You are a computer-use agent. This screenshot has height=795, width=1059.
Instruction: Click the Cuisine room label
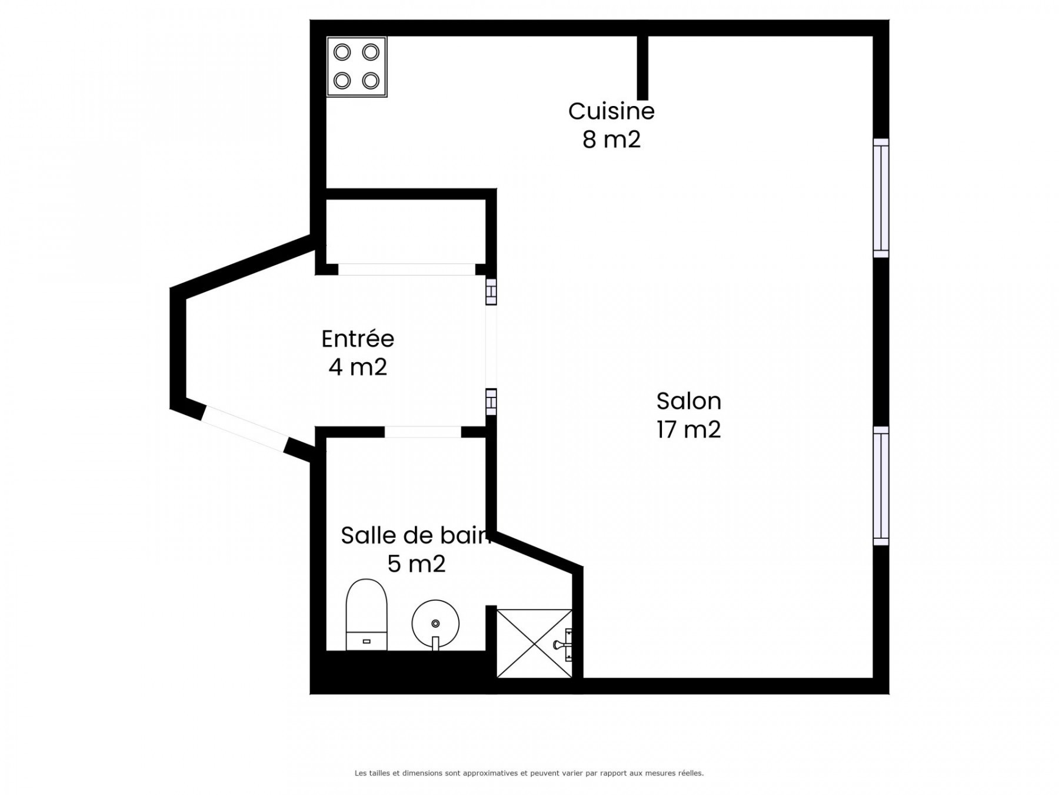pos(611,111)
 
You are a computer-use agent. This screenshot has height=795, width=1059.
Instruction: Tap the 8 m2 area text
pos(611,140)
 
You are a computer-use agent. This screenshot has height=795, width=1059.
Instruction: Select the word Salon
pos(688,401)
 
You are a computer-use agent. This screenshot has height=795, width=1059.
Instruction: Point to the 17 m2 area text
pos(688,429)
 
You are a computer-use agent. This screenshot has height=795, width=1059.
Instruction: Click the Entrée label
pos(358,339)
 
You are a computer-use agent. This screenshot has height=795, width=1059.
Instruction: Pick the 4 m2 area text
pos(358,367)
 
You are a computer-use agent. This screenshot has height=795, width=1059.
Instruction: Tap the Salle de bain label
pos(415,535)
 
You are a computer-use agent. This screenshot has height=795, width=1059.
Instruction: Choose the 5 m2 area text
pos(417,564)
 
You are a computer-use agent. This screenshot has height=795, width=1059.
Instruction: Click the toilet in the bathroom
pos(367,615)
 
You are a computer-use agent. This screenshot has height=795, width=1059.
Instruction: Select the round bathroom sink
pos(435,624)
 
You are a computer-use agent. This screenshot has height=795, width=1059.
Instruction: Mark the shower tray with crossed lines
pos(534,643)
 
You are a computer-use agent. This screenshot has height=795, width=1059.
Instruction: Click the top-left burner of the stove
pos(342,52)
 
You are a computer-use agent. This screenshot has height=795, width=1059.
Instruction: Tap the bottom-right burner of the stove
pos(371,80)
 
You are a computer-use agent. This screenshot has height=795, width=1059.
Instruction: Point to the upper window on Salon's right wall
pos(881,198)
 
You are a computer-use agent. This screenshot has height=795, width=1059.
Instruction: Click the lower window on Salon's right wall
pos(881,486)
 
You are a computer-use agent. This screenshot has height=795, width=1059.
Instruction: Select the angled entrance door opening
pos(244,429)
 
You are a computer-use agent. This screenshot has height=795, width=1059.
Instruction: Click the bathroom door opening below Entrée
pos(422,432)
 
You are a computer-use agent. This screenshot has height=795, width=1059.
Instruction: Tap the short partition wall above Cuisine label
pos(642,68)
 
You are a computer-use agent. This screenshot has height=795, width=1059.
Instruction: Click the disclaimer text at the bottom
pos(529,773)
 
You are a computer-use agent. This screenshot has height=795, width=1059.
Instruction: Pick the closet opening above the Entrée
pos(407,269)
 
